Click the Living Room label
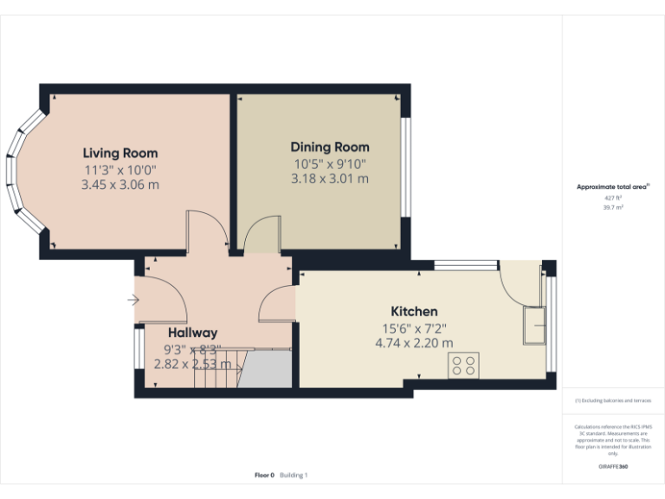coord(120,153)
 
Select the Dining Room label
coord(329,147)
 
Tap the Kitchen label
coord(414,311)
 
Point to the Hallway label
coord(192,333)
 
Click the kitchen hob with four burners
coord(463,366)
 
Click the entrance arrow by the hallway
coord(132,300)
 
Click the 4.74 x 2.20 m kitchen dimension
coord(414,343)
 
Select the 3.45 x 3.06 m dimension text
coord(120,185)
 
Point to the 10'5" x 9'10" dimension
coord(329,163)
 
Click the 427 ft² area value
coord(613,198)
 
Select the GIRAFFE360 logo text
coord(613,467)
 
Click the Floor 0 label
coord(264,475)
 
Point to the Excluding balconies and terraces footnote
coord(613,401)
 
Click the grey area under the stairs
coord(266,371)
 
